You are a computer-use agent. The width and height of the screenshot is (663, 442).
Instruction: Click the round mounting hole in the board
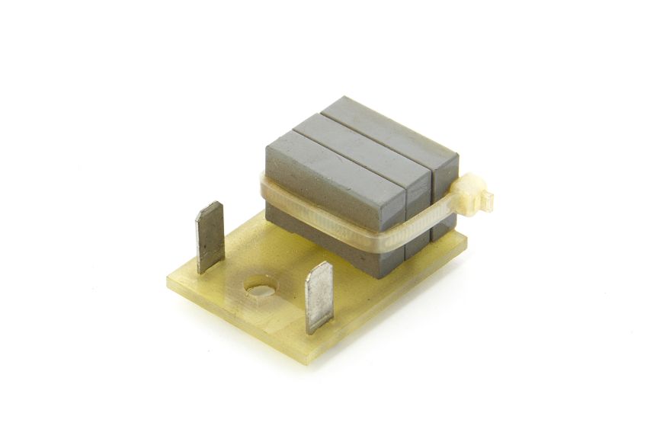tap(260, 289)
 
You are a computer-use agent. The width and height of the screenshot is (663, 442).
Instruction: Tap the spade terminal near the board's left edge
tap(209, 237)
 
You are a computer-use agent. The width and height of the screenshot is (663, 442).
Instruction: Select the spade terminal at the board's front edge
tap(318, 297)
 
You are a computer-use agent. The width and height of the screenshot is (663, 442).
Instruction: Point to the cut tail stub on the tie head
tap(486, 200)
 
